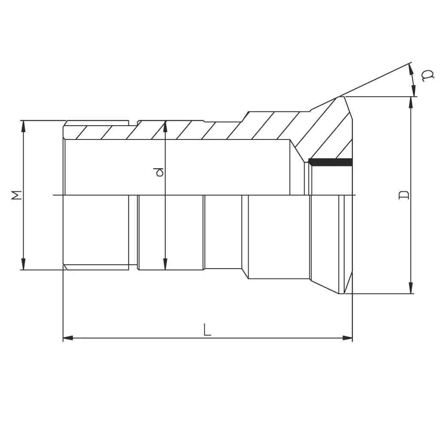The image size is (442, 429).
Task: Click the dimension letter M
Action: pos(16,195)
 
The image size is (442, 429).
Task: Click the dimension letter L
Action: pos(207,330)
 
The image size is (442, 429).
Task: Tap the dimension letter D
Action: pos(404,195)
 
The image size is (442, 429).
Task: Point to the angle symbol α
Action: pos(427,76)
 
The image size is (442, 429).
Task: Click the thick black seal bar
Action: pos(330,162)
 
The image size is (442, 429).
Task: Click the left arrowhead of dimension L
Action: pos(68,338)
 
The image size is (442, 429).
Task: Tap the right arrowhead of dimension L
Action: pos(347,338)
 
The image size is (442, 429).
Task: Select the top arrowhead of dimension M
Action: pos(24,126)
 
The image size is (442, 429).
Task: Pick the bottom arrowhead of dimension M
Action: pos(24,264)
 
